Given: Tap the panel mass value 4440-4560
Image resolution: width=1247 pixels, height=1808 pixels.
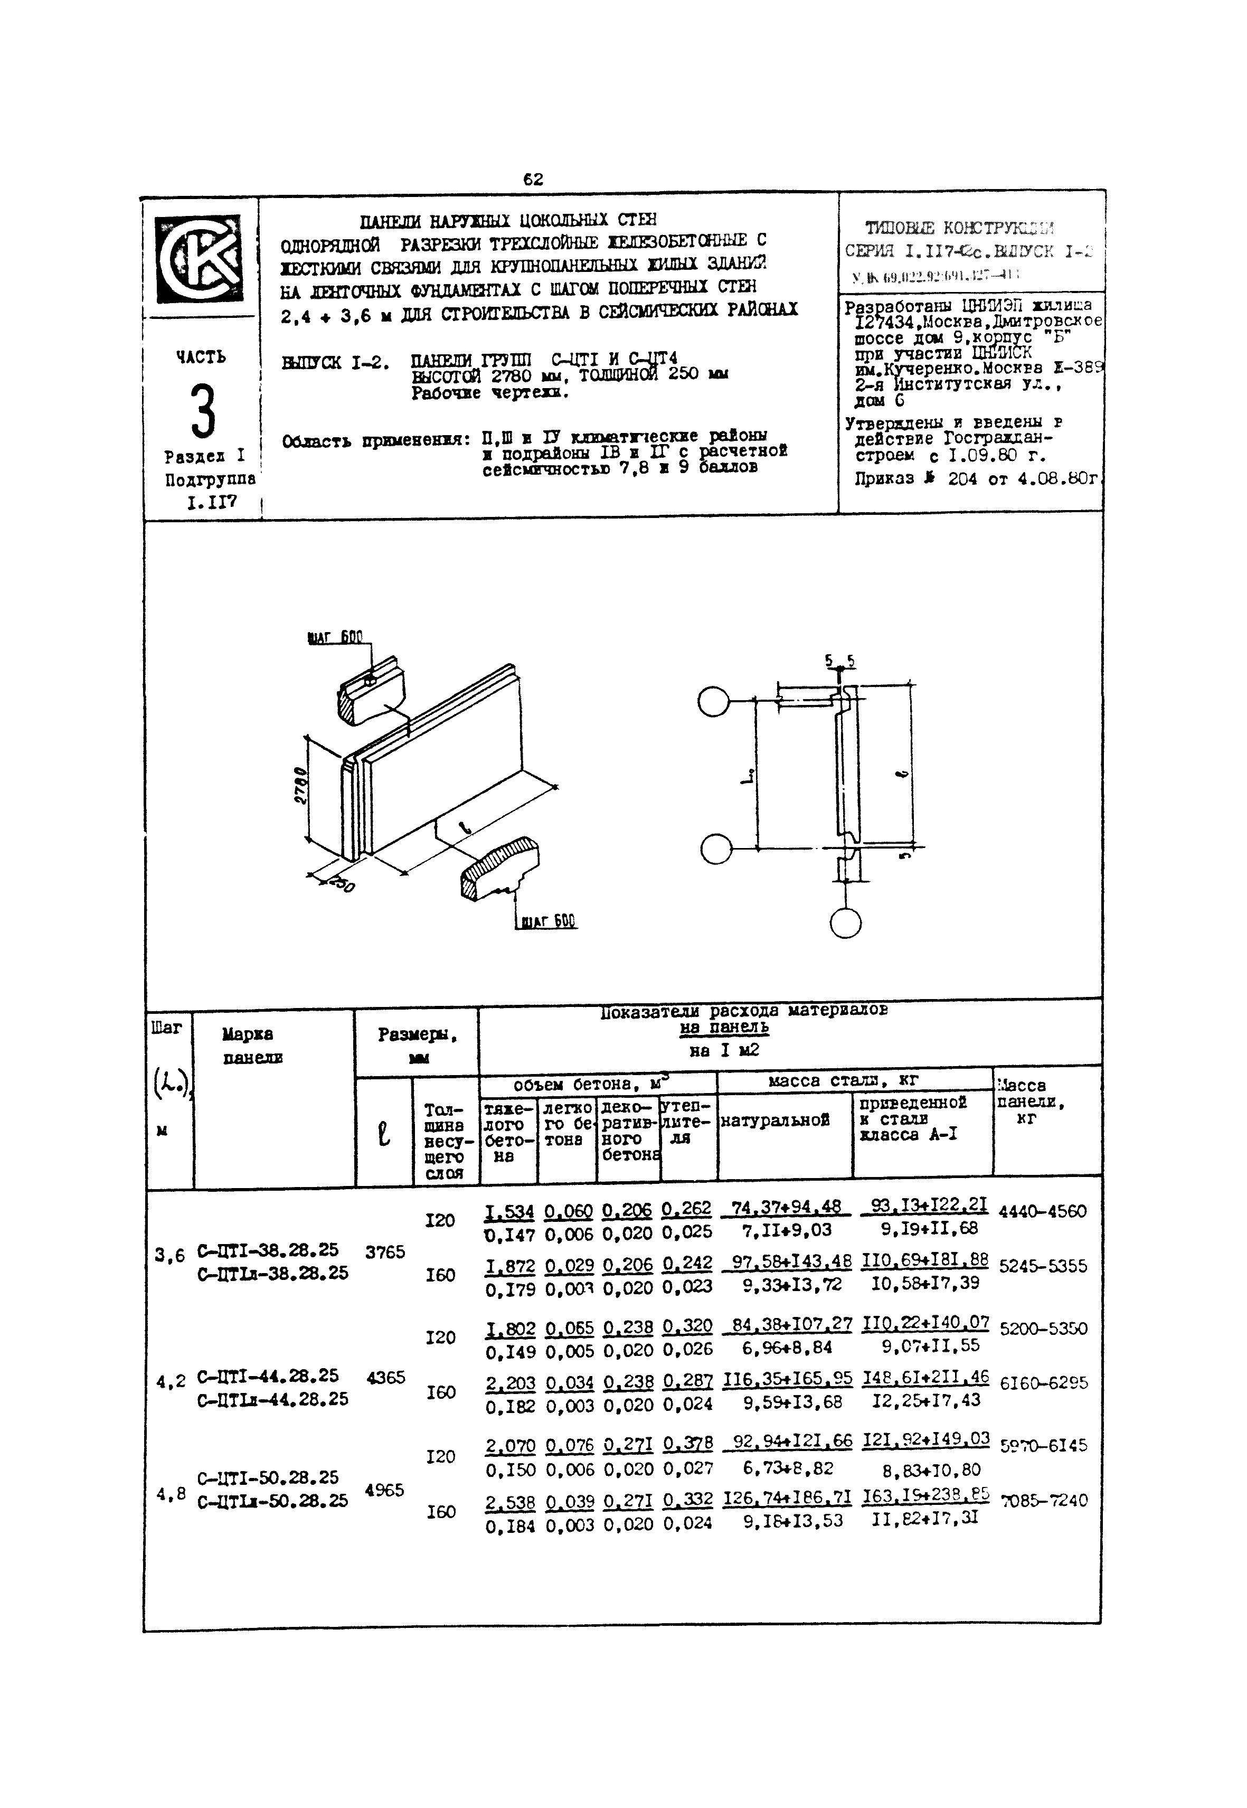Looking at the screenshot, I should click(1042, 1212).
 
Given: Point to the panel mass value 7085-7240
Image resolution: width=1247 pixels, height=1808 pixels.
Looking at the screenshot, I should click(1044, 1500).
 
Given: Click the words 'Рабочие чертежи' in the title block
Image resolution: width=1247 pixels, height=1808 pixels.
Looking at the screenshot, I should click(490, 393).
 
